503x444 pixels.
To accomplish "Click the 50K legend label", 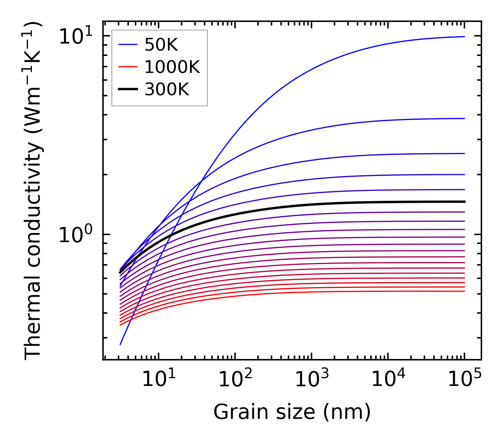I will [161, 45].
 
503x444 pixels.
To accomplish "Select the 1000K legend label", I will [172, 67].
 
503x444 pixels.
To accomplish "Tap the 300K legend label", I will [167, 90].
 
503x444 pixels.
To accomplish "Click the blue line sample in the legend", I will [127, 45].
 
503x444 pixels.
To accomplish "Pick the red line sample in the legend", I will [127, 67].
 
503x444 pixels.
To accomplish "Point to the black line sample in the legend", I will [127, 90].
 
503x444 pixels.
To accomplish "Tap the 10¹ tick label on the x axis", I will [158, 379].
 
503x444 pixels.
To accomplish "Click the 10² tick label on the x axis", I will [235, 379].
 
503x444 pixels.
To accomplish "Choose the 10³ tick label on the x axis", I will [311, 379].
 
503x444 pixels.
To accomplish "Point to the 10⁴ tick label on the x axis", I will [388, 379].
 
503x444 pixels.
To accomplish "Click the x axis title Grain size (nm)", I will [292, 412].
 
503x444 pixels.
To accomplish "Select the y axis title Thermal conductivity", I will [34, 191].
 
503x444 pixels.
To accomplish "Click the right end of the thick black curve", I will [464, 201].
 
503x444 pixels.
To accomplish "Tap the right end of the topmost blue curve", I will [464, 36].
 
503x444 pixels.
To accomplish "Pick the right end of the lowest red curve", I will [464, 291].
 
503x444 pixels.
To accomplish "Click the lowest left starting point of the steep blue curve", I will [120, 344].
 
